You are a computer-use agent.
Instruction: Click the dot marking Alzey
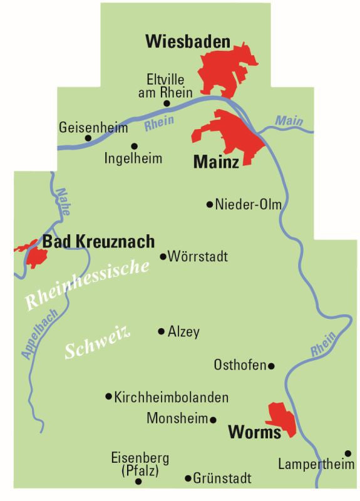[x=162, y=331]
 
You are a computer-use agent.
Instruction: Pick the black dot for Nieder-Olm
[x=209, y=204]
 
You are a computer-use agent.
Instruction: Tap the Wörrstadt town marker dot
[x=163, y=256]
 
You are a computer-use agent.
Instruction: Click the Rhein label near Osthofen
[x=323, y=344]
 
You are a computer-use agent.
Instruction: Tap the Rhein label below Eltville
[x=158, y=123]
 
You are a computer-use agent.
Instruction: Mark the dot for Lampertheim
[x=347, y=453]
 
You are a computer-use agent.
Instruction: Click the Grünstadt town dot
[x=188, y=478]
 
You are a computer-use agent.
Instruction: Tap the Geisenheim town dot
[x=88, y=138]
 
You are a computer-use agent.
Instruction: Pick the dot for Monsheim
[x=213, y=420]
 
